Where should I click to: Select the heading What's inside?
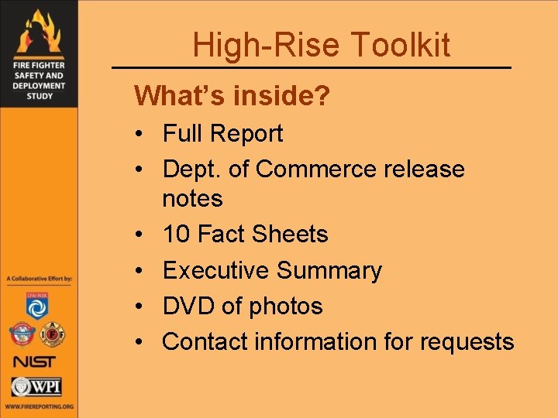click(x=232, y=96)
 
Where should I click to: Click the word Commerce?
click(x=318, y=169)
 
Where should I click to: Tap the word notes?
click(x=192, y=198)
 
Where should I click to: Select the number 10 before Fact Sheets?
click(x=177, y=234)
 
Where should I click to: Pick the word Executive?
click(x=215, y=270)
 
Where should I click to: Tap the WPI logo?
click(x=36, y=386)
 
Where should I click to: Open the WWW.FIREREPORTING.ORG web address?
click(x=38, y=406)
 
